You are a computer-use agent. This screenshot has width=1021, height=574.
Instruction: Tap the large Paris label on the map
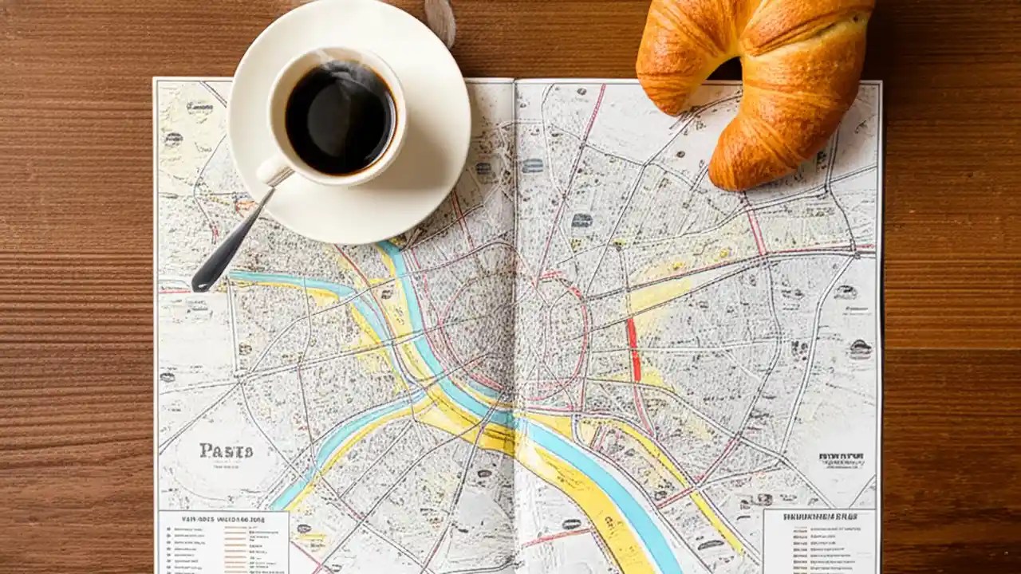point(226,451)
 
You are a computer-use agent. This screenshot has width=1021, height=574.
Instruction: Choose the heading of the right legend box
point(818,517)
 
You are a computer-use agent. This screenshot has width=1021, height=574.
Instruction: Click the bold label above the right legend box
point(841,457)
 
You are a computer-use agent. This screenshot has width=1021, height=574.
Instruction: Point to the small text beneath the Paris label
point(226,470)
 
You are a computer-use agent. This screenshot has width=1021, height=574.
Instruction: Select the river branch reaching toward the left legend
point(303,470)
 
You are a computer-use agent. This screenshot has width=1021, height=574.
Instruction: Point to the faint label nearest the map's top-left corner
point(199,107)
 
